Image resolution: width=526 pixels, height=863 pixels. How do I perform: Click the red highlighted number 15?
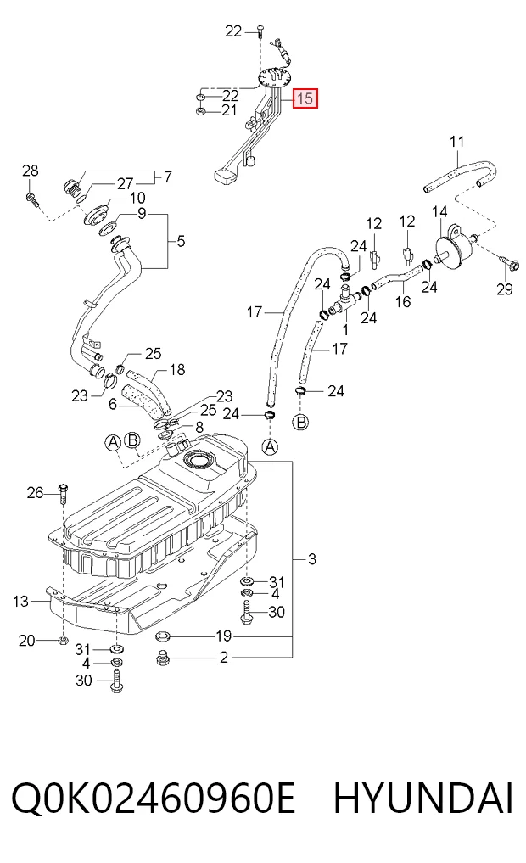pos(305,98)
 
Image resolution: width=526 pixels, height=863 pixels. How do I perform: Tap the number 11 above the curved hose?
pos(456,142)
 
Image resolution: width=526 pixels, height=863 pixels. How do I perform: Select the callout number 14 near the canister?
pos(439,212)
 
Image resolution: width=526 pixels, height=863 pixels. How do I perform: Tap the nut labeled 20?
pos(62,640)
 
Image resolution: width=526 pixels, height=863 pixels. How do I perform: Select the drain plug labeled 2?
pos(163,657)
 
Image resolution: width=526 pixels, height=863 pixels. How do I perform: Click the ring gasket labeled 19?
pos(163,636)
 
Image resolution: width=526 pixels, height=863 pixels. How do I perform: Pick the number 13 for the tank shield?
pos(20,602)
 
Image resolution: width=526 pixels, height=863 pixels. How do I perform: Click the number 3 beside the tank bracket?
pos(312,560)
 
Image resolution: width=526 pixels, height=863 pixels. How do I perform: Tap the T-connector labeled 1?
pos(342,300)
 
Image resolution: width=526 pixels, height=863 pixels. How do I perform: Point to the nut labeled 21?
pos(201,112)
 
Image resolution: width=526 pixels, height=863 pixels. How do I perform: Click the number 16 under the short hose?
pos(403,301)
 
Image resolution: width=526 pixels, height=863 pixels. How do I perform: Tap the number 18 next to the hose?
pos(177,369)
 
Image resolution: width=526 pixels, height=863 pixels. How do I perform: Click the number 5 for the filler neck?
pos(181,241)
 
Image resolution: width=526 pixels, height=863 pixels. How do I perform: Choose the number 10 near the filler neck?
pos(137,197)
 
